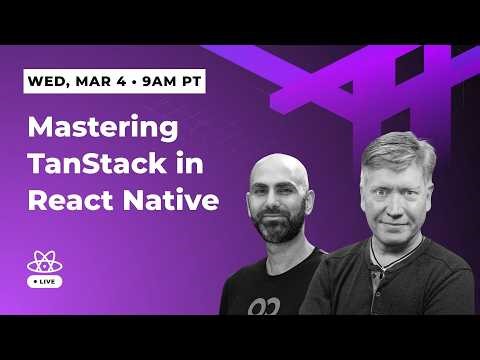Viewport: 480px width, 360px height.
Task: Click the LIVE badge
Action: tap(45, 283)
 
